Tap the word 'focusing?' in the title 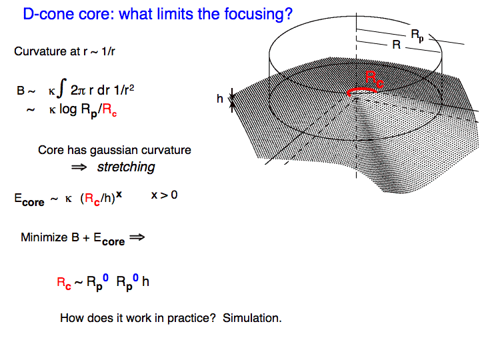click(x=259, y=15)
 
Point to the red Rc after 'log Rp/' click(x=109, y=110)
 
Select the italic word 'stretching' click(x=126, y=167)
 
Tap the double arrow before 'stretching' click(x=79, y=167)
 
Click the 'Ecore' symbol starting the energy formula click(x=29, y=199)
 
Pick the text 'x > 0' click(x=165, y=195)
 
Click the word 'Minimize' click(x=44, y=237)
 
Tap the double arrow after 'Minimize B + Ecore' click(x=137, y=237)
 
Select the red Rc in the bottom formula click(x=64, y=283)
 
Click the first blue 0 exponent click(x=105, y=277)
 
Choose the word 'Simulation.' click(x=252, y=318)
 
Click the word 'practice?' click(x=191, y=319)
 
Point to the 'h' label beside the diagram click(x=220, y=99)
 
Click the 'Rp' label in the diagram click(x=417, y=36)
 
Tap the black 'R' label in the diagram click(x=397, y=45)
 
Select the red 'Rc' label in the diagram click(x=375, y=79)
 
